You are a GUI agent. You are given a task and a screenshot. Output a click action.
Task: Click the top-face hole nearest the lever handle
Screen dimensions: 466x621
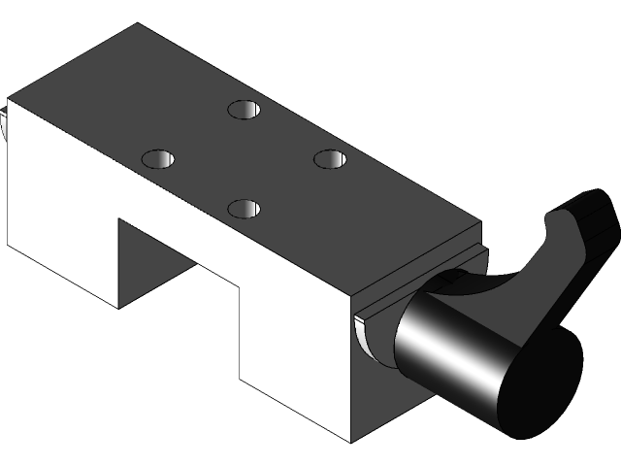pos(330,157)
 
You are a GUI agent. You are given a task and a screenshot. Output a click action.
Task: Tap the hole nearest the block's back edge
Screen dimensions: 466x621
pos(245,108)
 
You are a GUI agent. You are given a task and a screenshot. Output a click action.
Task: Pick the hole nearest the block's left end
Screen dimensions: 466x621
pos(159,157)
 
